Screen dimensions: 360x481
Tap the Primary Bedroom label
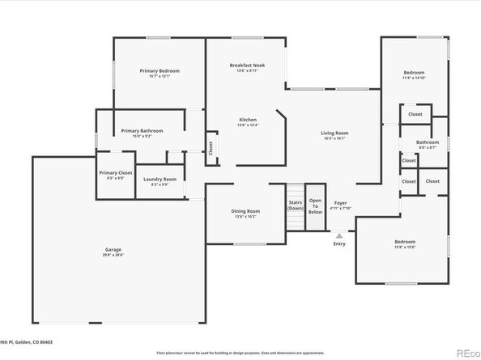tap(160, 71)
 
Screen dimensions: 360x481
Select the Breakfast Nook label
tap(246, 65)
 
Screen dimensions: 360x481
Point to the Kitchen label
tap(247, 120)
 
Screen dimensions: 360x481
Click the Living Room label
tap(334, 133)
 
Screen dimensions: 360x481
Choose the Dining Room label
tap(247, 211)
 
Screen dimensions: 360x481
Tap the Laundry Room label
tap(160, 179)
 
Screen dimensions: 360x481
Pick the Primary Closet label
tap(116, 172)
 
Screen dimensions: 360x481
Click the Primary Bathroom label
tap(142, 131)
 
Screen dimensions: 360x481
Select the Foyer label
tap(340, 203)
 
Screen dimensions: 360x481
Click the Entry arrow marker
tap(338, 235)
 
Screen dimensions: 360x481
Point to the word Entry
tap(338, 244)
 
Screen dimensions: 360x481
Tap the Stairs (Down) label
tap(296, 205)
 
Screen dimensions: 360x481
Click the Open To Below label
tap(315, 205)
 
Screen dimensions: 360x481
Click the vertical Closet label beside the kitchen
tap(211, 149)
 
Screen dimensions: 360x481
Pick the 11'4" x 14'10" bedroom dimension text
tap(414, 78)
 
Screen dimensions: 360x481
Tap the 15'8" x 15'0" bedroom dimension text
tap(405, 247)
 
